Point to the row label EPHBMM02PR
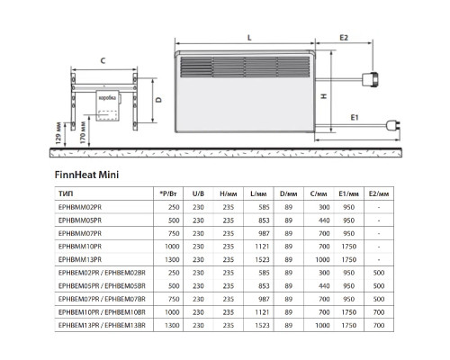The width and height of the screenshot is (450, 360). click(78, 206)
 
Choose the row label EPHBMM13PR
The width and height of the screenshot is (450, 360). click(78, 257)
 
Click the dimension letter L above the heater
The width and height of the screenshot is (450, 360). click(248, 37)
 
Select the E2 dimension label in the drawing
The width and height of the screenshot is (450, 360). click(344, 37)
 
